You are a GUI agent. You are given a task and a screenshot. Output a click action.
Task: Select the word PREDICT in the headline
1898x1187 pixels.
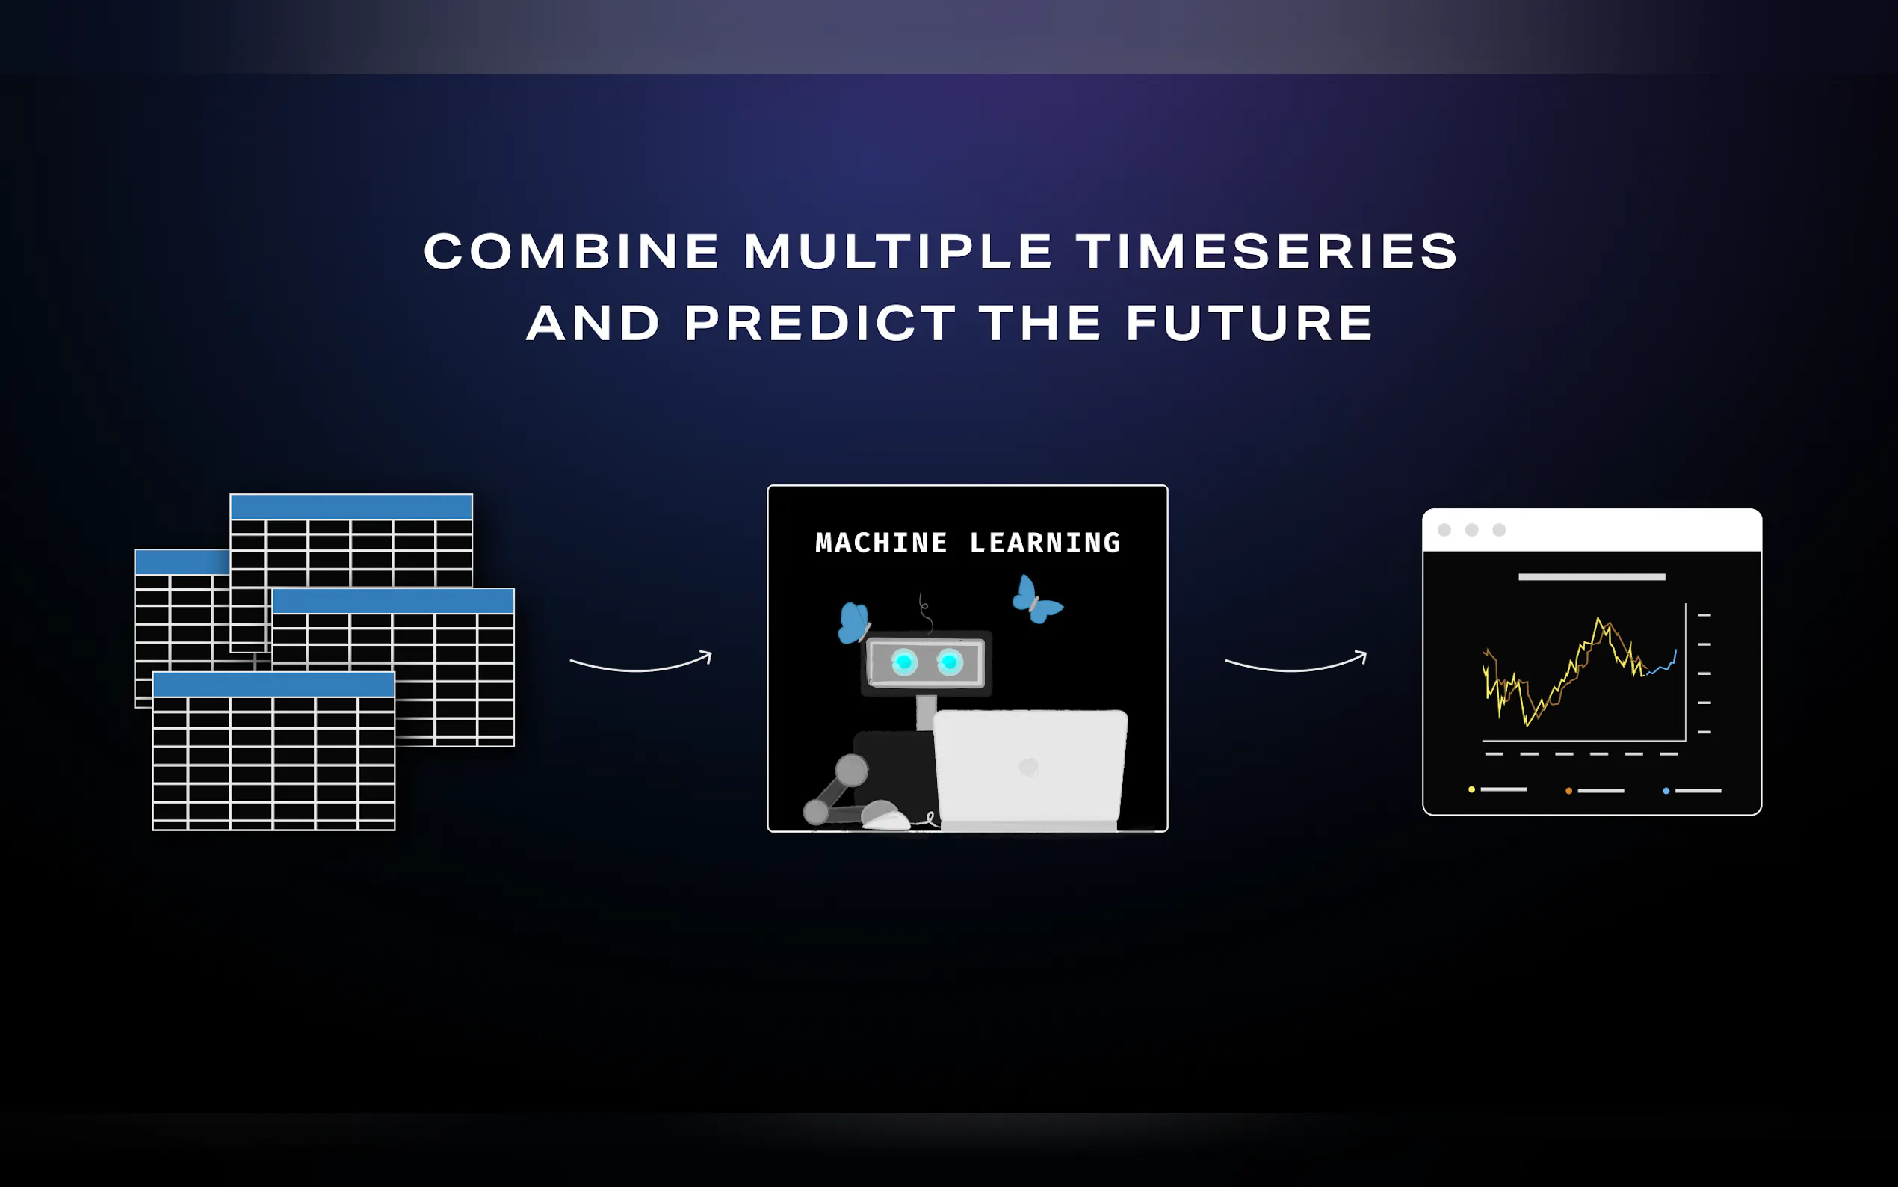point(820,323)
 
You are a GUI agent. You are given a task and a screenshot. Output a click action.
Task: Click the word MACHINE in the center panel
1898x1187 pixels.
point(881,543)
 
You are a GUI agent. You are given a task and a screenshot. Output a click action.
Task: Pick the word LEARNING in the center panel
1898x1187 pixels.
point(1045,543)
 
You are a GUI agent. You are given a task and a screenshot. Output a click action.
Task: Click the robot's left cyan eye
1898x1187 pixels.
point(904,662)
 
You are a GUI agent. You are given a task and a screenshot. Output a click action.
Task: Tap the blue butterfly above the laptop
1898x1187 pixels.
point(1036,599)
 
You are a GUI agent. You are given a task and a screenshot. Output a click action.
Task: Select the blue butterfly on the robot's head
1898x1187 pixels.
point(853,623)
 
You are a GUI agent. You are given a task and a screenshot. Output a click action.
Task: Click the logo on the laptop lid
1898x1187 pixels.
point(1029,767)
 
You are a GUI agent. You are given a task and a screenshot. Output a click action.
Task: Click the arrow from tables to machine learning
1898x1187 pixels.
point(640,670)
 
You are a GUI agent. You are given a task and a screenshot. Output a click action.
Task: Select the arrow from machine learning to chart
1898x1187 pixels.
point(1296,670)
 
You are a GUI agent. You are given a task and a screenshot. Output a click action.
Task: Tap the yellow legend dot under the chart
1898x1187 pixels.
point(1471,790)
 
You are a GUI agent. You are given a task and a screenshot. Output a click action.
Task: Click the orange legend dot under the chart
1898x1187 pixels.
point(1568,791)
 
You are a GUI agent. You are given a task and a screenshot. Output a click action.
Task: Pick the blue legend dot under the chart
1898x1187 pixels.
point(1666,791)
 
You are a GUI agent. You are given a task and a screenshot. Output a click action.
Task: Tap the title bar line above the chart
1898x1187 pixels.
point(1591,577)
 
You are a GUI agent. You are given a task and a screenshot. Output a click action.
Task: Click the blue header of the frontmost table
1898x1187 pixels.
point(273,685)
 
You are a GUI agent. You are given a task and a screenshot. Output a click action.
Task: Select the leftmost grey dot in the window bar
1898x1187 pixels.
point(1444,530)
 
